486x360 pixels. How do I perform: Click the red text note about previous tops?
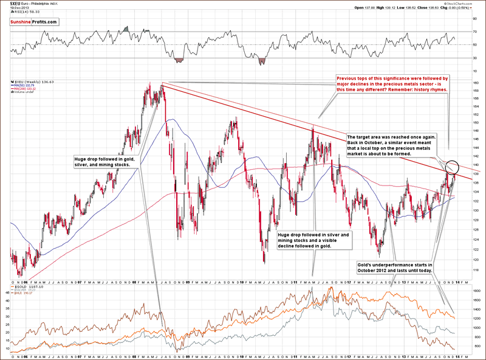point(392,84)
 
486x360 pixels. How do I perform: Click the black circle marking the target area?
point(452,166)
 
